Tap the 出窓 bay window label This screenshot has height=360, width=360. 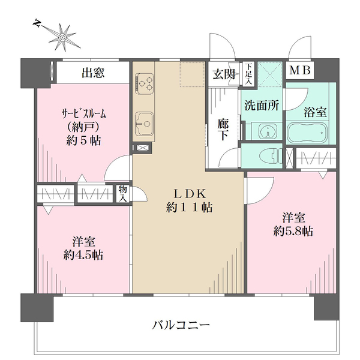93,74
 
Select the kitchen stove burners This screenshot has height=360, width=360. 145,82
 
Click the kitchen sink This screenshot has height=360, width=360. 143,123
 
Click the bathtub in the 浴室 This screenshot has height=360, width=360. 305,132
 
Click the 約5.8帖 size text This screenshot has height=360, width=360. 291,232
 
